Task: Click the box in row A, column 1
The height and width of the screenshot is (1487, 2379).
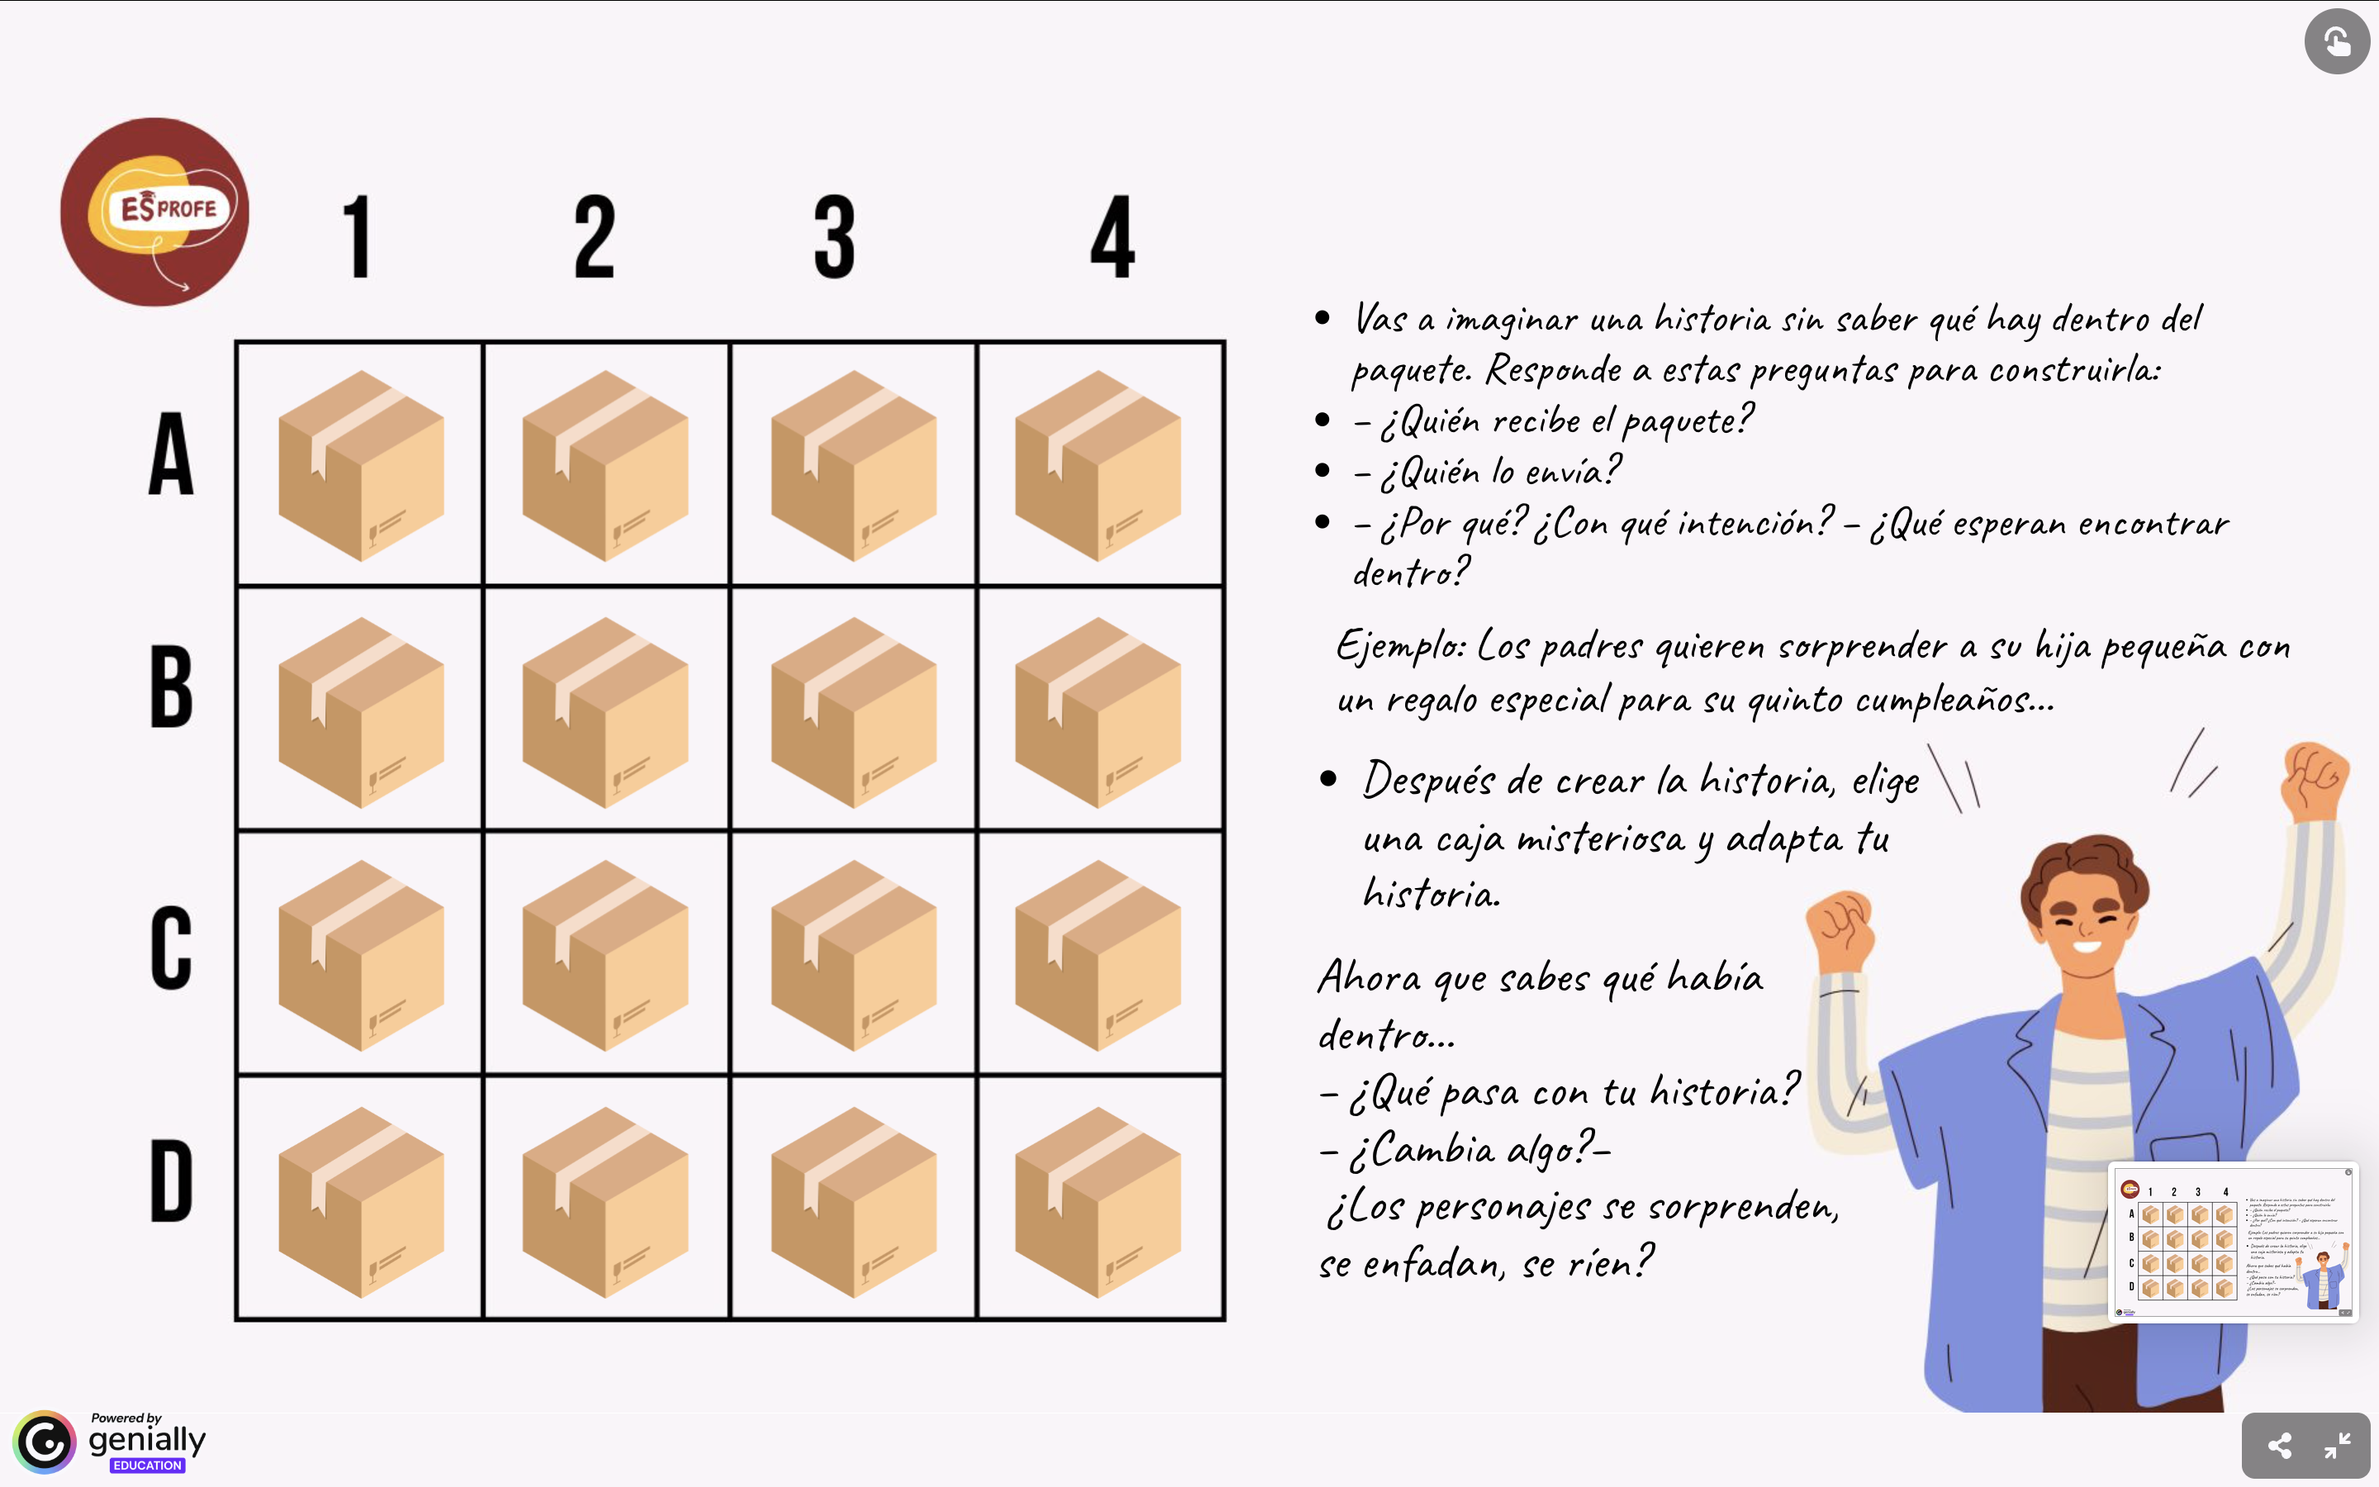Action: coord(361,466)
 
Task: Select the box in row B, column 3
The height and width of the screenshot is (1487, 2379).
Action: coord(853,713)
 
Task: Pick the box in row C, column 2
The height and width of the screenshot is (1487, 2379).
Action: coord(605,956)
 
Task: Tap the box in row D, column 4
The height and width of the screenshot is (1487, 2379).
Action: coord(1097,1203)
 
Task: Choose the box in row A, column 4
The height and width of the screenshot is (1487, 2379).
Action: coord(1097,466)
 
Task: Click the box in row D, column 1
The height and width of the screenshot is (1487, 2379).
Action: coord(361,1203)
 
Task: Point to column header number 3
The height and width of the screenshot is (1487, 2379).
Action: coord(834,236)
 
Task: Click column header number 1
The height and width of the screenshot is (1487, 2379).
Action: coord(357,236)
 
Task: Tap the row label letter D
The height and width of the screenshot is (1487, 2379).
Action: coord(171,1181)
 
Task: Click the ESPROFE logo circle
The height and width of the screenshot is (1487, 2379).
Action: coord(154,211)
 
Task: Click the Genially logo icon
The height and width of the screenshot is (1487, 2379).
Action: coord(45,1442)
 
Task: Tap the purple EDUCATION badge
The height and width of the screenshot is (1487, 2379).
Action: coord(148,1466)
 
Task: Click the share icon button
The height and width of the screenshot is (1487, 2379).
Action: coord(2280,1446)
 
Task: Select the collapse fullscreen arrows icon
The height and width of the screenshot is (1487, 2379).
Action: coord(2337,1446)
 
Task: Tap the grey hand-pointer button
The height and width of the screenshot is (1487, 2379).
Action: coord(2337,41)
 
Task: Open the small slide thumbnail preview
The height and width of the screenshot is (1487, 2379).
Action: coord(2234,1242)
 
